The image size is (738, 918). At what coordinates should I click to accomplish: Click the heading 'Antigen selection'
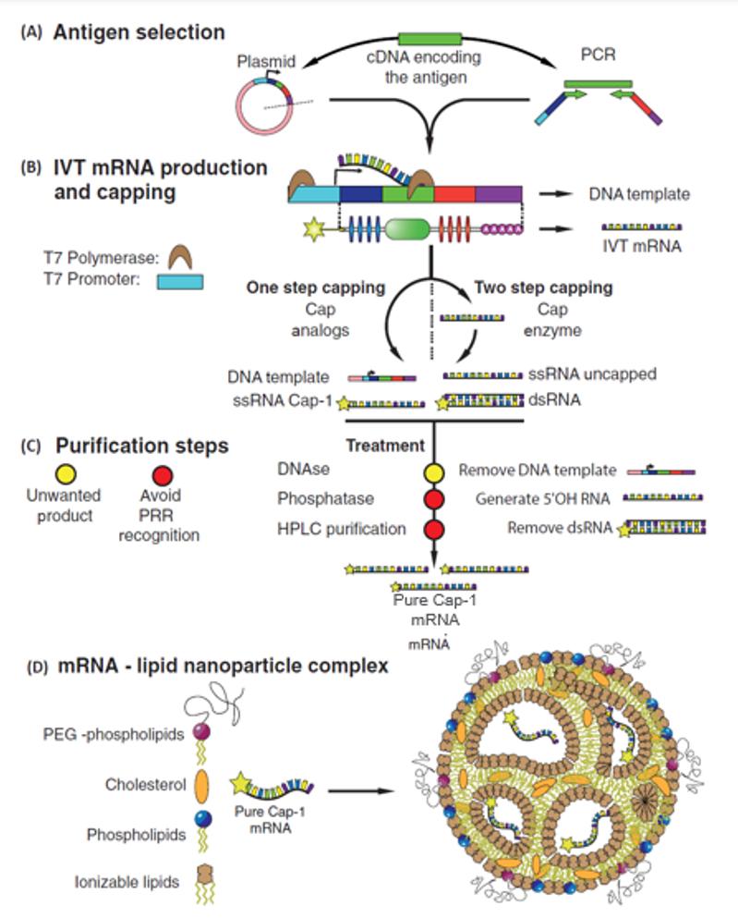[x=139, y=33]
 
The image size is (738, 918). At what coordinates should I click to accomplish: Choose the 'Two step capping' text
[x=530, y=288]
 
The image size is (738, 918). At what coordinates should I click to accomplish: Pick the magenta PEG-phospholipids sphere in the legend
[x=200, y=735]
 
